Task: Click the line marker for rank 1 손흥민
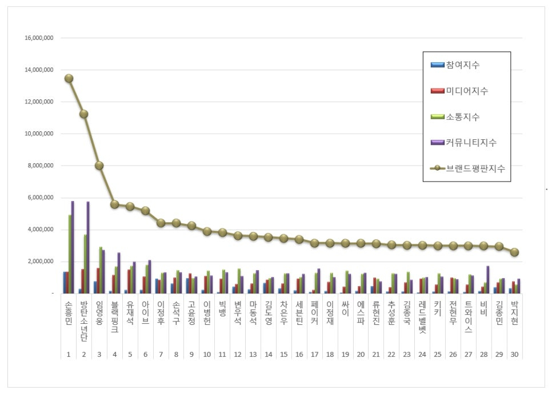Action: click(69, 78)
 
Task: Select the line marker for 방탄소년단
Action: click(84, 114)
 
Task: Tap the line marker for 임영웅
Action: click(99, 166)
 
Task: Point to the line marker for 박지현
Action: click(514, 252)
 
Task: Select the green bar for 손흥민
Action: click(70, 254)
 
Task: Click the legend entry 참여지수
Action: click(463, 65)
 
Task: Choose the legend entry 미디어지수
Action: click(466, 91)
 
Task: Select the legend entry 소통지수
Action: click(463, 117)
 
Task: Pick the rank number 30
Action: click(514, 355)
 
